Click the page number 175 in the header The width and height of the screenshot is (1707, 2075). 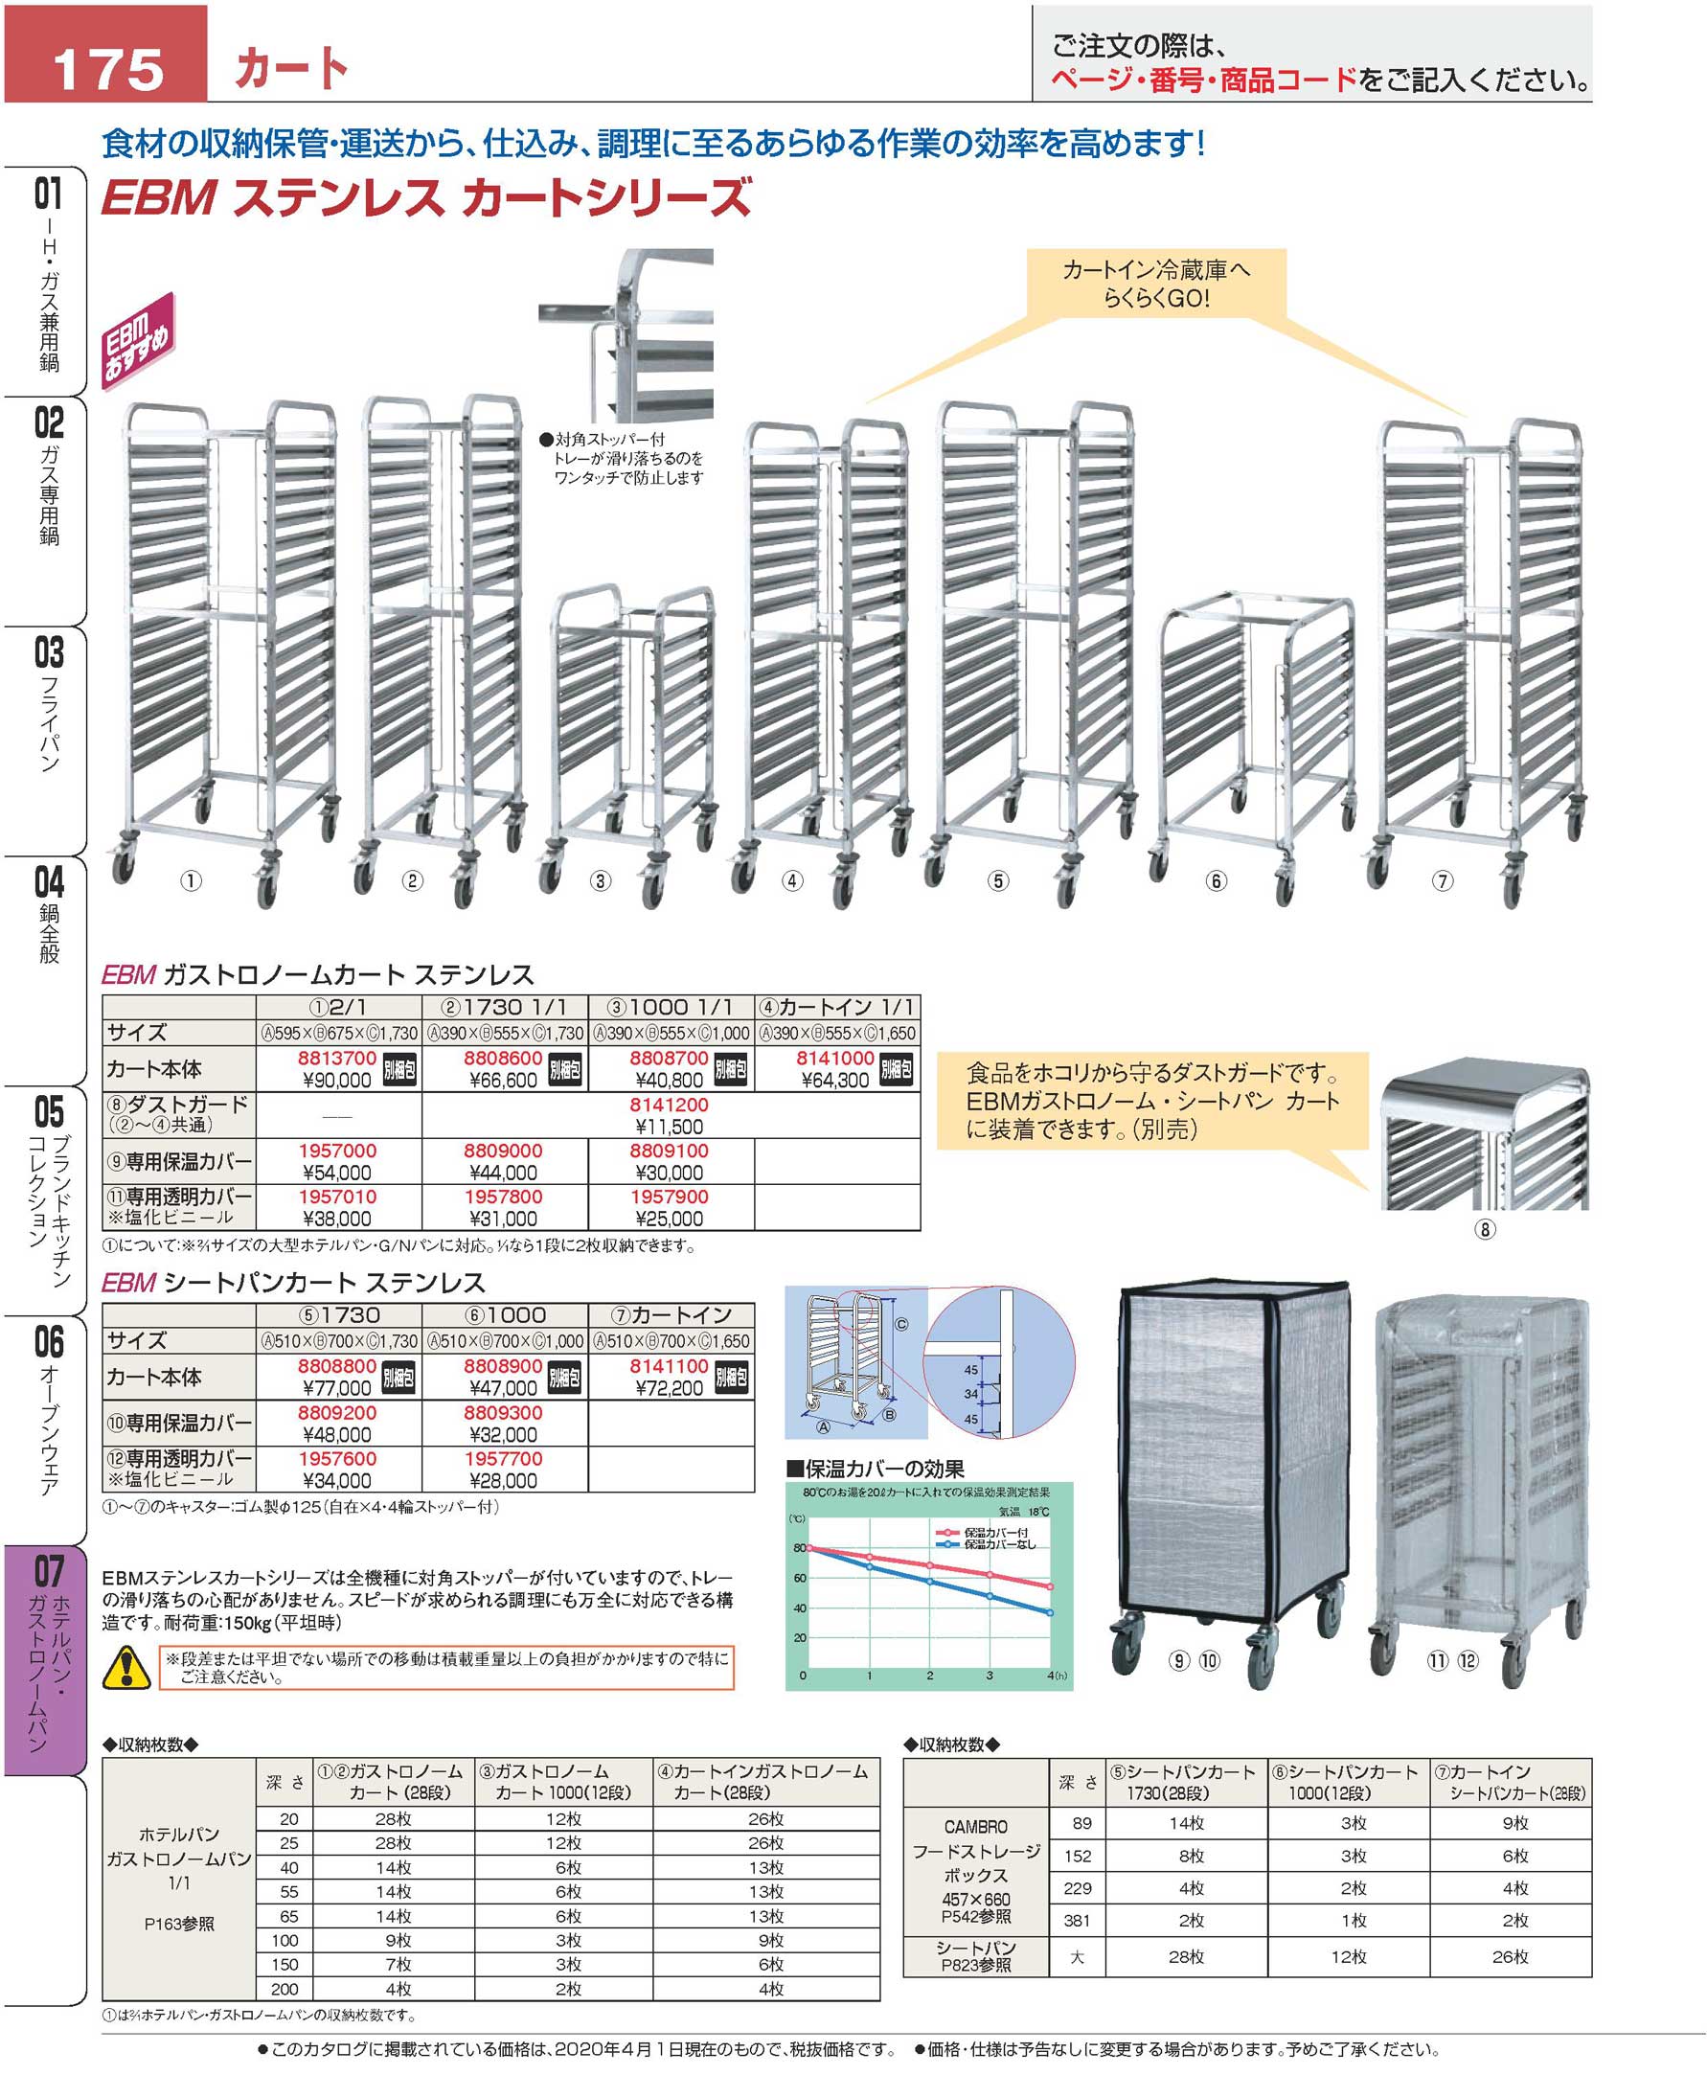(x=108, y=69)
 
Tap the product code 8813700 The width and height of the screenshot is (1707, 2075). (x=336, y=1059)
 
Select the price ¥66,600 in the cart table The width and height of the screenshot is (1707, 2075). (x=503, y=1080)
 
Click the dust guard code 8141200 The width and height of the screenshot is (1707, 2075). (x=669, y=1105)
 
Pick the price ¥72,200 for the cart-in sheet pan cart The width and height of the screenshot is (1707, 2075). (x=669, y=1388)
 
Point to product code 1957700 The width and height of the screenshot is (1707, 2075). (x=503, y=1458)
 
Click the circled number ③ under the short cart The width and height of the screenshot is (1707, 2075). (x=600, y=881)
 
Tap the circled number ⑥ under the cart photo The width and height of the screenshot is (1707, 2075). (x=1217, y=881)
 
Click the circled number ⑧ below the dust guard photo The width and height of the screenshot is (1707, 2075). (x=1485, y=1228)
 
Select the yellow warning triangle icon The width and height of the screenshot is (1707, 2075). (x=126, y=1667)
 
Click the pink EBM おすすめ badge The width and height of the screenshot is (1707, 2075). (x=139, y=337)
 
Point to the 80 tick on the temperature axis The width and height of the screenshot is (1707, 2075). (x=800, y=1548)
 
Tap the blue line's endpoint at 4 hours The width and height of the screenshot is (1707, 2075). (x=1050, y=1613)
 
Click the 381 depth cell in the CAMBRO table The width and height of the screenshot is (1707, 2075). (x=1081, y=1920)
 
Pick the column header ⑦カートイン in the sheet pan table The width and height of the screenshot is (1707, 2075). (x=671, y=1314)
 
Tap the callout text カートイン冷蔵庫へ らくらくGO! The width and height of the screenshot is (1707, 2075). (x=1156, y=284)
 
